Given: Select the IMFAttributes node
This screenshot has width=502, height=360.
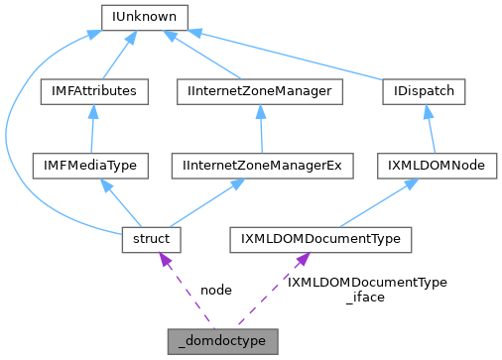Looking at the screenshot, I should point(93,91).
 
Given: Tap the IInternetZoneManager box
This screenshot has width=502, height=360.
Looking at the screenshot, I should point(260,91).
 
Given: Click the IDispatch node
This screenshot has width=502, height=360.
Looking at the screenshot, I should point(424,91).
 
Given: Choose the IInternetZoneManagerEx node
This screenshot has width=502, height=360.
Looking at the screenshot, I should point(261,166).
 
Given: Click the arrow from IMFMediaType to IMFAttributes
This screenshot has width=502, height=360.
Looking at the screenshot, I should point(92,129).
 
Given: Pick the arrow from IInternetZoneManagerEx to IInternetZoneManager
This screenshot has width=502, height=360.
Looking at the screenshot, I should point(260,129).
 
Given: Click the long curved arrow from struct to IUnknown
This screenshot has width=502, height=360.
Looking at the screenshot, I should point(10,139).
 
